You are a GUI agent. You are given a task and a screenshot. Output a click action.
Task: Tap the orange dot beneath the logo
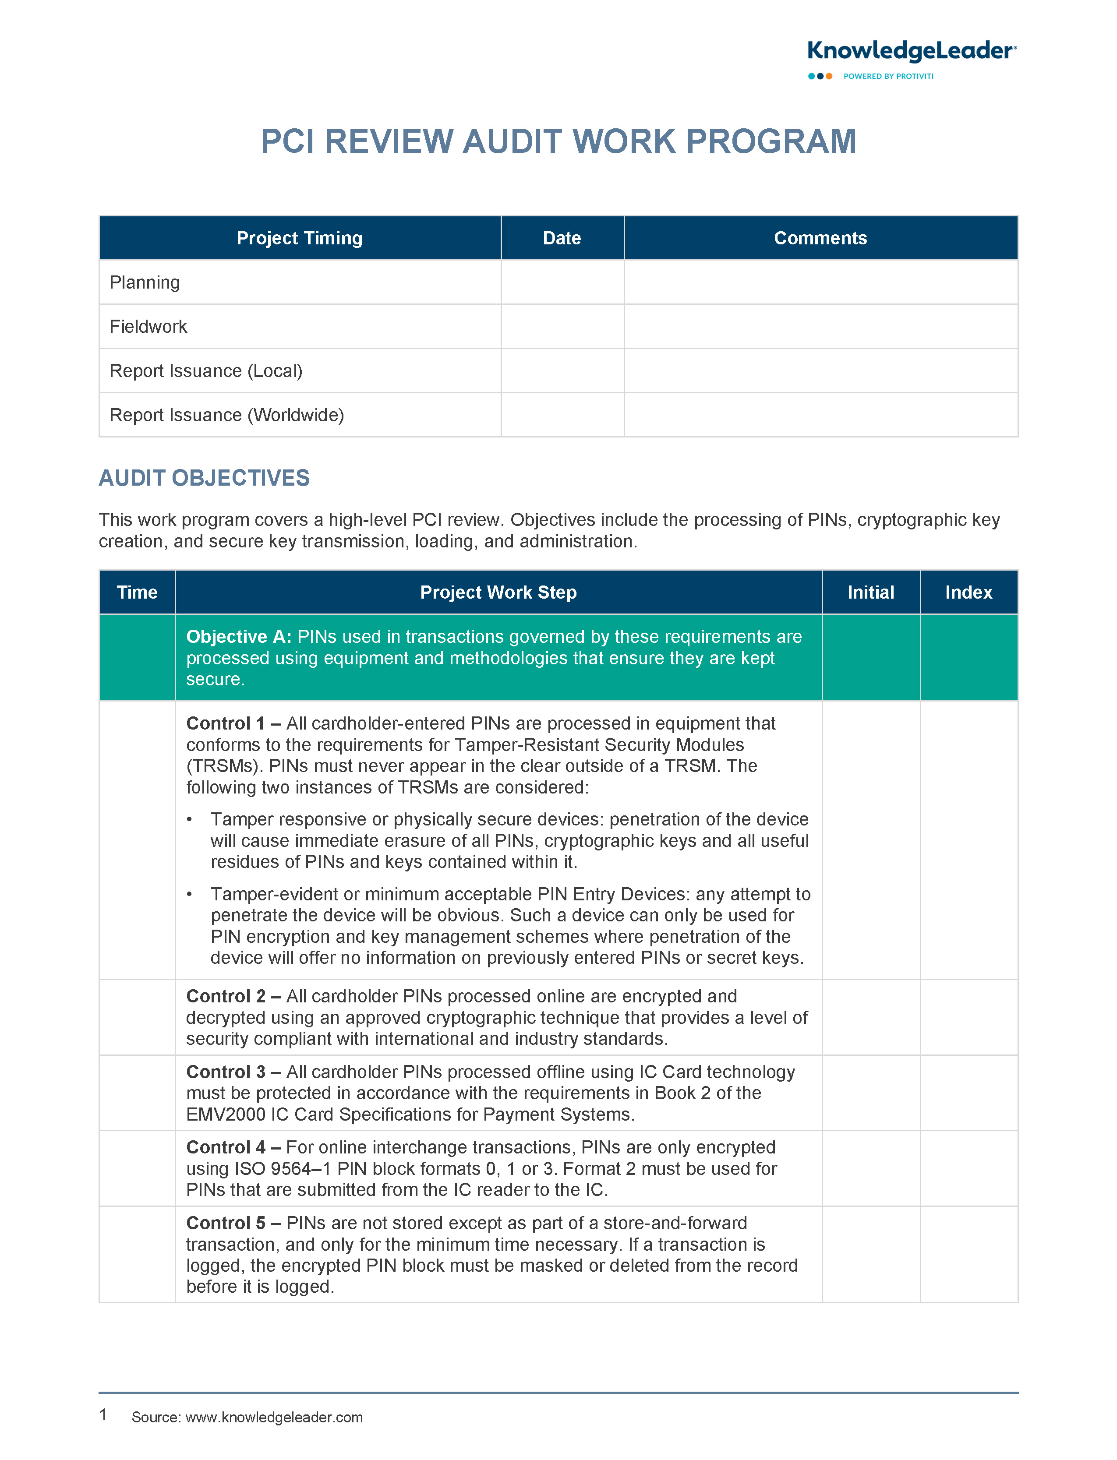829,77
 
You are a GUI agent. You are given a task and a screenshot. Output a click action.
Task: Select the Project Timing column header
299,238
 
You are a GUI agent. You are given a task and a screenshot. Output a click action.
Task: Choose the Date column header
562,238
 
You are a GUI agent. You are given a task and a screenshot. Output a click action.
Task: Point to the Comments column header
820,238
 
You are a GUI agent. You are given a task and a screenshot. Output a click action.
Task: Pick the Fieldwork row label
148,326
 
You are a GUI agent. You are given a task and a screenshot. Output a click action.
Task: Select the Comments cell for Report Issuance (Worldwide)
820,415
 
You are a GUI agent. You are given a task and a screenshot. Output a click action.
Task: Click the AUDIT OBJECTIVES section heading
204,478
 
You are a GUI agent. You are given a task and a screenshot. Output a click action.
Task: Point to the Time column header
137,592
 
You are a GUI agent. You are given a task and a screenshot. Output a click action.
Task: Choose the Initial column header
870,592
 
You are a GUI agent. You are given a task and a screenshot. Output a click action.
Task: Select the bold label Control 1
226,723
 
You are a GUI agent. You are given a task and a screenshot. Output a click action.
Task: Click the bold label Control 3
226,1072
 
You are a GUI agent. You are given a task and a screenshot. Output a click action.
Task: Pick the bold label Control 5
226,1223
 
